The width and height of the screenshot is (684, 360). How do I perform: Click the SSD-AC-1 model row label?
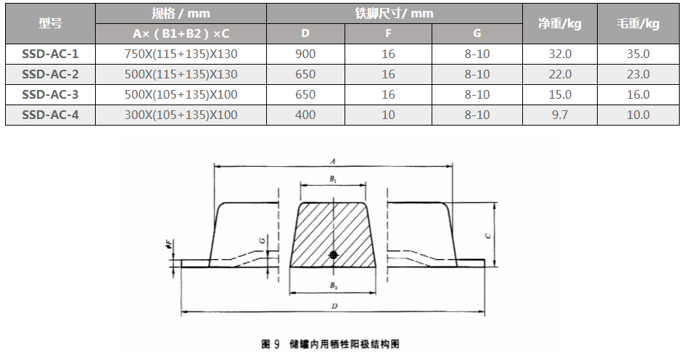50,54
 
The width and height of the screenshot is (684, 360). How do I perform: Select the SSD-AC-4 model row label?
50,115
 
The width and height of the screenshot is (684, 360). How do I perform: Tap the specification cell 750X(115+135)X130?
181,54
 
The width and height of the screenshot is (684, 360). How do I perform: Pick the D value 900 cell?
305,54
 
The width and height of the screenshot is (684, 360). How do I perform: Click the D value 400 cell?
305,115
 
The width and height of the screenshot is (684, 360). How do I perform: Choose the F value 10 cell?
388,115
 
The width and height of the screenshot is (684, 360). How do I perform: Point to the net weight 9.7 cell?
560,115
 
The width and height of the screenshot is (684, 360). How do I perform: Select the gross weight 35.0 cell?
638,54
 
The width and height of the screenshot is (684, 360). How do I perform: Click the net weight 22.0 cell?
560,74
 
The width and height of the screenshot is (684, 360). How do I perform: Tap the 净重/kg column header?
560,23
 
